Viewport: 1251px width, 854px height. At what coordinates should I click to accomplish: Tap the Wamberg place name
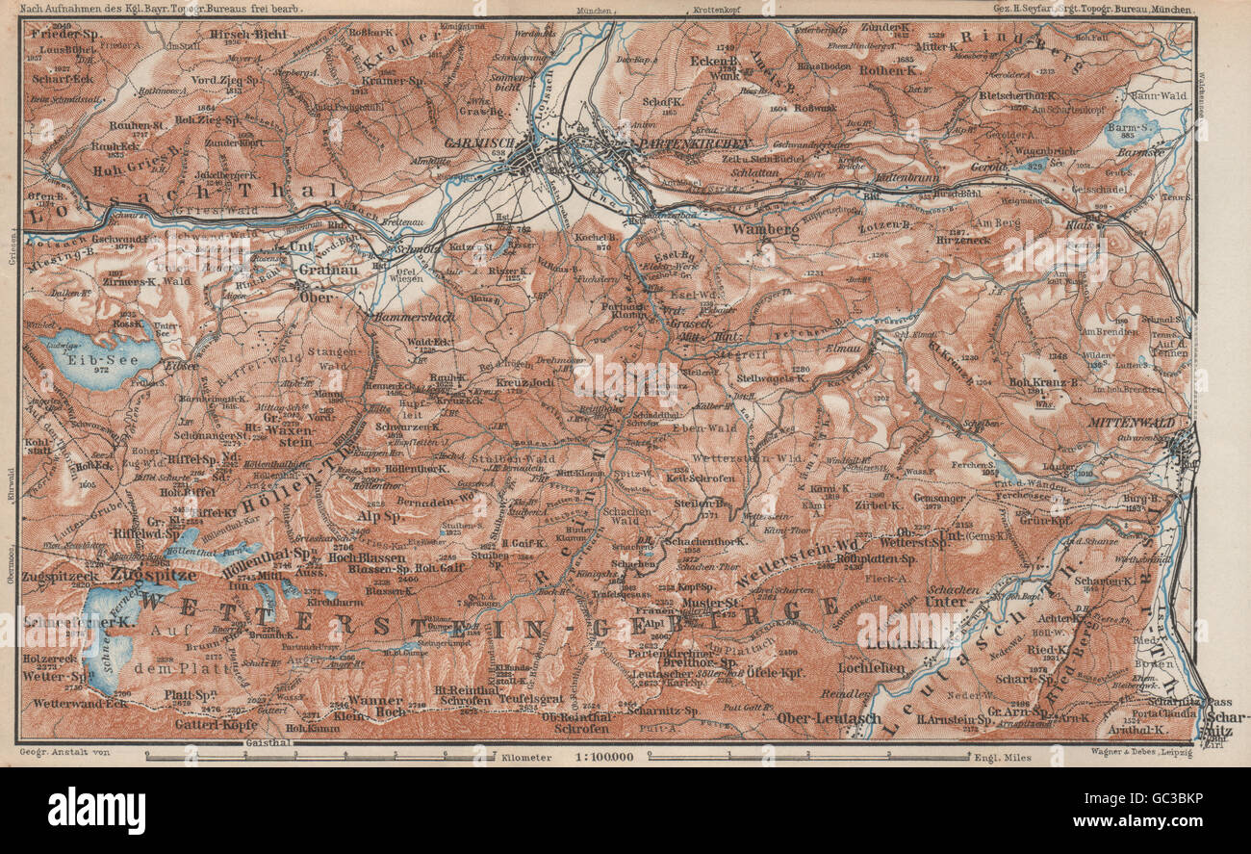[x=766, y=231]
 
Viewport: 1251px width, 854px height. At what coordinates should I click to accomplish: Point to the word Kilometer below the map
[x=525, y=758]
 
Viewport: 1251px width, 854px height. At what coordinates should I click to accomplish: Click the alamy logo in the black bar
[x=96, y=810]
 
